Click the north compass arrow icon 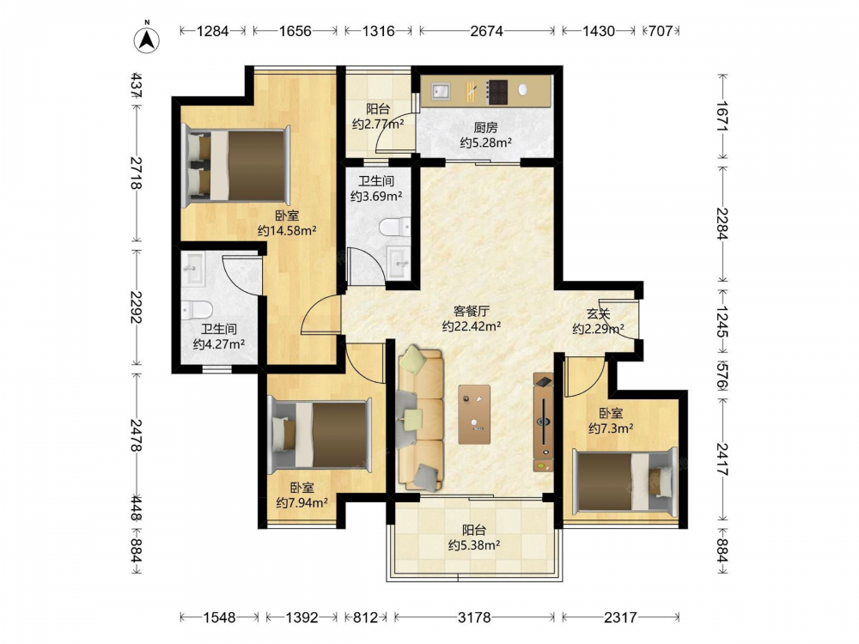(x=147, y=39)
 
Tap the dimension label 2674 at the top (x=486, y=31)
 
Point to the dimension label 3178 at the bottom (x=474, y=617)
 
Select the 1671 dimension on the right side (x=722, y=116)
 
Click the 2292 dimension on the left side (x=136, y=307)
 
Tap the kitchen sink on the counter (x=440, y=92)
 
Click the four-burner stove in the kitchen (x=497, y=92)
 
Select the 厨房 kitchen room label (x=485, y=128)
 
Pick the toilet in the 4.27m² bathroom (x=197, y=310)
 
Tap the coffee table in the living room (x=474, y=414)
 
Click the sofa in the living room (x=420, y=419)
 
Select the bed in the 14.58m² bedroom (x=237, y=166)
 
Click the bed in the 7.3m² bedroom (x=624, y=482)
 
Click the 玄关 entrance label (x=598, y=314)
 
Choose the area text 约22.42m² (x=472, y=327)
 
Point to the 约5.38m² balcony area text (x=474, y=545)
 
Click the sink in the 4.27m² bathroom (x=193, y=269)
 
